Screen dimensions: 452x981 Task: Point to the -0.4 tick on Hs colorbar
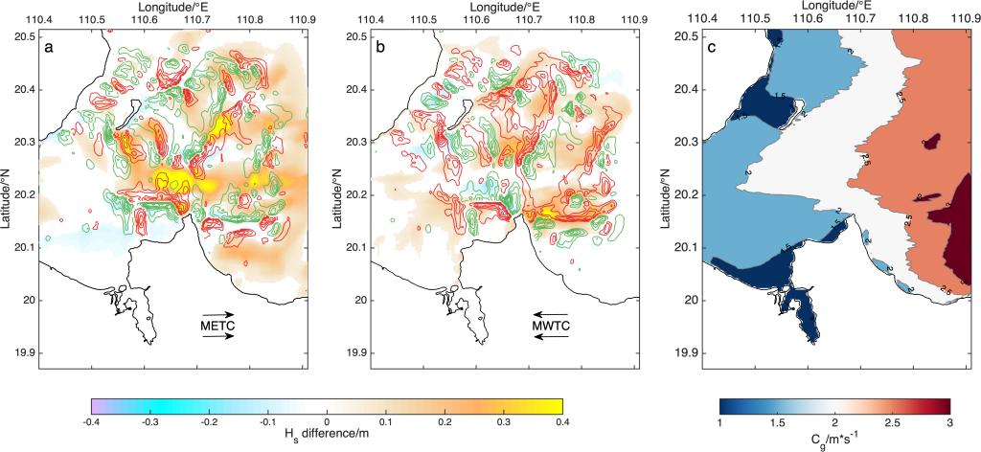[x=92, y=420]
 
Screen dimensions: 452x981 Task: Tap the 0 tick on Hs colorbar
[x=327, y=420]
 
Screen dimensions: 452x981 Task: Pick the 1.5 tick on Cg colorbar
[x=775, y=420]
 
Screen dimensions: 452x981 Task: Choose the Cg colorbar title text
[x=833, y=437]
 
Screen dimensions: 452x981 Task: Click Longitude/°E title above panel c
[x=786, y=7]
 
